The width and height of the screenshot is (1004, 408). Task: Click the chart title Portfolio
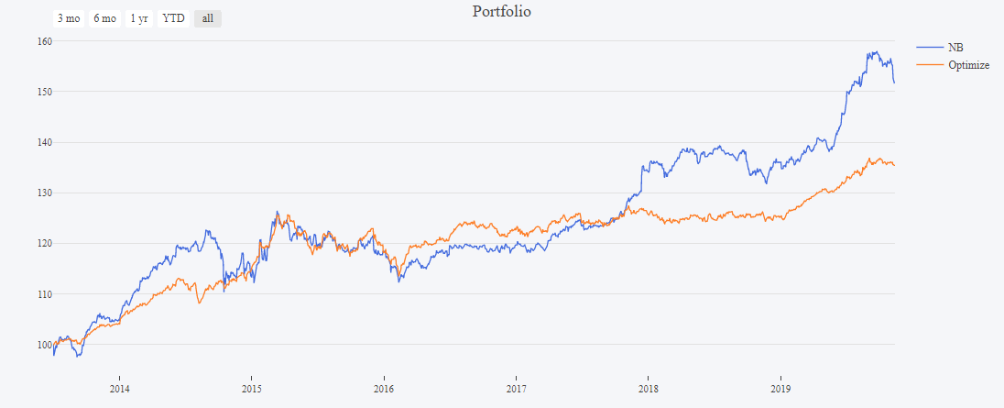point(501,12)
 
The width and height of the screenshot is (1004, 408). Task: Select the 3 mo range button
point(68,18)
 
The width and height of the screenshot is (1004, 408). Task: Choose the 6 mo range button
point(104,18)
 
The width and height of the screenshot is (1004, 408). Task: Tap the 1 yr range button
point(139,18)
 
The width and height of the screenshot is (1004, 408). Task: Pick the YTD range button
point(173,18)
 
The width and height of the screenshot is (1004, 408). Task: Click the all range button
point(207,18)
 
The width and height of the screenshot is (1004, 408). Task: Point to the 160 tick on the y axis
point(44,41)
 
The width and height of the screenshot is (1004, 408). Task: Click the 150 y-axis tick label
point(44,92)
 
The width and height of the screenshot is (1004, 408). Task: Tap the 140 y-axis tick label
point(44,142)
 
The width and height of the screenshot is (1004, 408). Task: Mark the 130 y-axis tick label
point(44,193)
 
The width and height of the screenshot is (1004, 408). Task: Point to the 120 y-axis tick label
point(44,243)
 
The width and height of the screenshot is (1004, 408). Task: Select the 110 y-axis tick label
point(44,294)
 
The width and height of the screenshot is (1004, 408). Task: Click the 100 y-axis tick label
point(44,345)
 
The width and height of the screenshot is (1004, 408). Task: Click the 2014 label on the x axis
point(119,388)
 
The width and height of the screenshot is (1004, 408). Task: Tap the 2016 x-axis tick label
point(384,388)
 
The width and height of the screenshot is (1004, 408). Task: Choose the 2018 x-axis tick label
point(649,388)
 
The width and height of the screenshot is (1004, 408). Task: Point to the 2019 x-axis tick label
point(780,388)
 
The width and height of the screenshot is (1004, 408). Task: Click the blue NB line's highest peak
point(876,52)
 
